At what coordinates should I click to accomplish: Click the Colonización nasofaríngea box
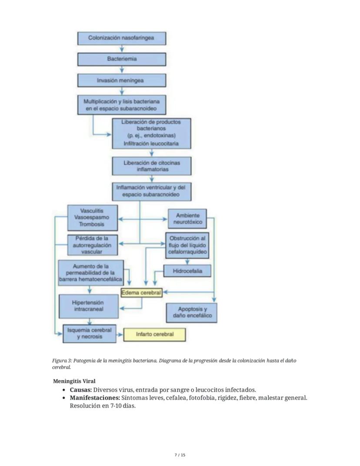pyautogui.click(x=121, y=38)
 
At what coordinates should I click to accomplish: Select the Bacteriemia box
pyautogui.click(x=121, y=59)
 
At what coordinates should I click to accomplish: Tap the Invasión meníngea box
pyautogui.click(x=121, y=80)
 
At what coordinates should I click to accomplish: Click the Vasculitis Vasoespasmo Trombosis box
pyautogui.click(x=92, y=218)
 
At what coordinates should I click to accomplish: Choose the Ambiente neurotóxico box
pyautogui.click(x=187, y=219)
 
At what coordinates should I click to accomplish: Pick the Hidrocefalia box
pyautogui.click(x=187, y=271)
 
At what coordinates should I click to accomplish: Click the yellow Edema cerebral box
pyautogui.click(x=141, y=293)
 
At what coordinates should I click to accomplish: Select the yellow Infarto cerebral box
pyautogui.click(x=155, y=335)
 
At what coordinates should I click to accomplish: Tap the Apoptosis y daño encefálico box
pyautogui.click(x=192, y=312)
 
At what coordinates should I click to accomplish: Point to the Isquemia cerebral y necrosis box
pyautogui.click(x=90, y=333)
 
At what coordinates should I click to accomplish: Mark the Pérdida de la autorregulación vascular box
pyautogui.click(x=92, y=245)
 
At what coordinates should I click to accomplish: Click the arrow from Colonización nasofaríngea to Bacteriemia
pyautogui.click(x=122, y=49)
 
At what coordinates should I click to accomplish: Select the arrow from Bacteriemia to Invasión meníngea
pyautogui.click(x=122, y=70)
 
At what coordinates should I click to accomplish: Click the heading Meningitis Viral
pyautogui.click(x=74, y=381)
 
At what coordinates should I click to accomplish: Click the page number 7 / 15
pyautogui.click(x=180, y=455)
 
